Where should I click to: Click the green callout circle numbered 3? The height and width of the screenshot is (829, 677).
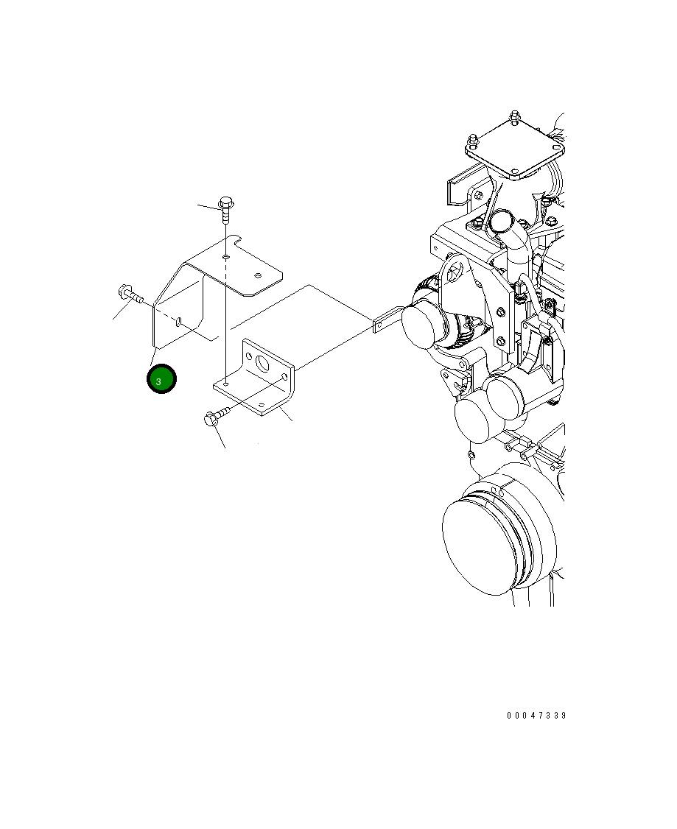[161, 379]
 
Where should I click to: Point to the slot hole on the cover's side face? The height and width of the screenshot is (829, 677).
[180, 321]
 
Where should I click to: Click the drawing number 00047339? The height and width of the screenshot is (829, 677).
[536, 716]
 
